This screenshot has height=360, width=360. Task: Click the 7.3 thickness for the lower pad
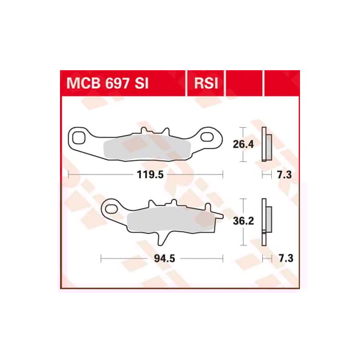tap(284, 259)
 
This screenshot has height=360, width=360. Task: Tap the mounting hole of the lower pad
tap(111, 208)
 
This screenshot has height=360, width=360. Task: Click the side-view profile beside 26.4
tap(266, 145)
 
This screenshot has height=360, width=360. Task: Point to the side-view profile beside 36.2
tap(266, 221)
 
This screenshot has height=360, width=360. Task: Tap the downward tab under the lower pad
tap(161, 238)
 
